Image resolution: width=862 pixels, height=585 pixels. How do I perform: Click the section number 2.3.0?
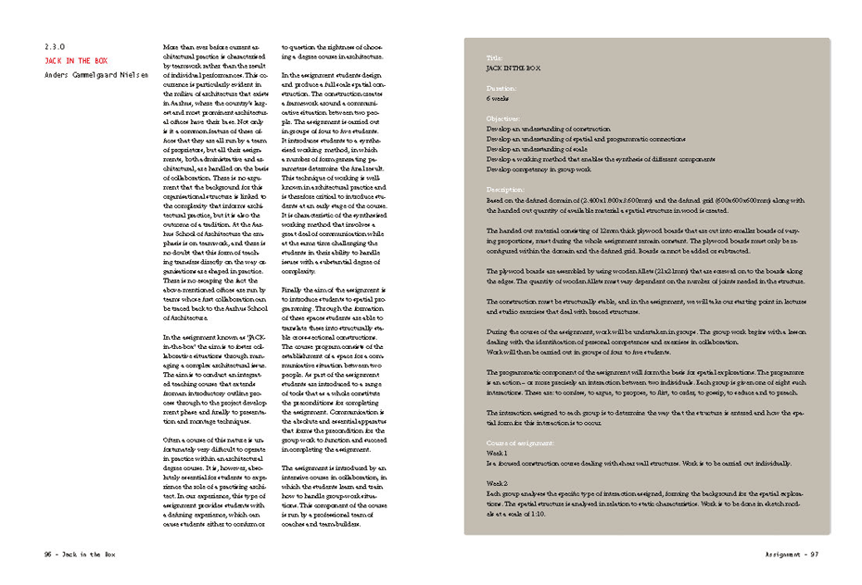[56, 47]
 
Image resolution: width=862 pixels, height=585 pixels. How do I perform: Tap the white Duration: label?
[502, 88]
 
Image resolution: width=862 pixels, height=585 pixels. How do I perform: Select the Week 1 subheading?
[497, 454]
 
